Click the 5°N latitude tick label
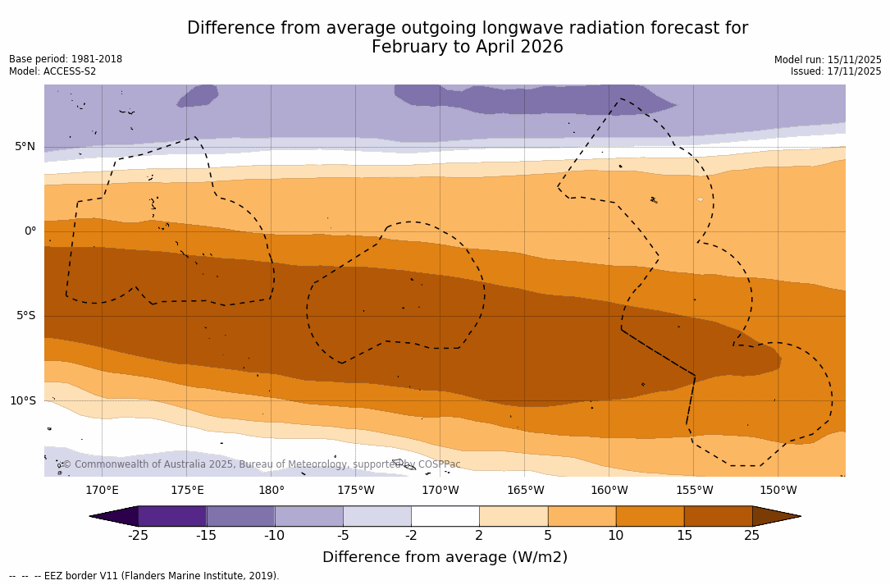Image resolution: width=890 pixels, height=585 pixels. (x=25, y=147)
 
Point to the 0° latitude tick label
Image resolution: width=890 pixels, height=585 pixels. (x=30, y=231)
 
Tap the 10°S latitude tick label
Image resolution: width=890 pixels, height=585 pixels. (x=23, y=401)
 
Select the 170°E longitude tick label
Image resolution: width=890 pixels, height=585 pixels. (x=102, y=491)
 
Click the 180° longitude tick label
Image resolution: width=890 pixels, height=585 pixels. (x=272, y=491)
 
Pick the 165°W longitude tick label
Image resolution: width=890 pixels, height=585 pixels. (x=525, y=491)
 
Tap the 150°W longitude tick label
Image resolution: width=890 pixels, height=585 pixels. (x=778, y=491)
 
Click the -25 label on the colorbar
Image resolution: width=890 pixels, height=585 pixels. (x=138, y=536)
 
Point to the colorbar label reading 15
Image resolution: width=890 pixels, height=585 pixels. (x=683, y=536)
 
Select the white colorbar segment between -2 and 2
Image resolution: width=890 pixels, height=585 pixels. (x=445, y=516)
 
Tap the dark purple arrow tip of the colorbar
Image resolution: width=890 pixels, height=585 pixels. (x=114, y=516)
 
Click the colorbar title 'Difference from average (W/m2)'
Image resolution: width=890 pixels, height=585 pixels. (x=445, y=557)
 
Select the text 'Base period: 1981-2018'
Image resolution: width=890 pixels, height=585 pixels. (x=66, y=59)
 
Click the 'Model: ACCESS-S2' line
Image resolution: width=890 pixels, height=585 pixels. (x=52, y=71)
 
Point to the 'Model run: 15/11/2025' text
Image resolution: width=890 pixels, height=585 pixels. (x=828, y=60)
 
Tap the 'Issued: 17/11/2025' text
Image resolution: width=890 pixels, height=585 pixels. (x=836, y=71)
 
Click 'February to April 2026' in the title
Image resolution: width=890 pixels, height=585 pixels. (x=468, y=47)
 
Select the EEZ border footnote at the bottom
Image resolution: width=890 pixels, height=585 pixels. (x=144, y=576)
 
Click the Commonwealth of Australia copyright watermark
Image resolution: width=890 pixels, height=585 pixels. (x=261, y=464)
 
